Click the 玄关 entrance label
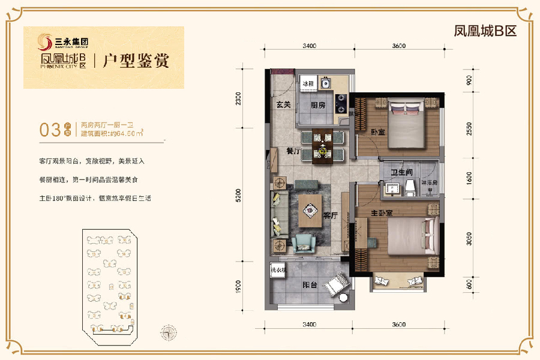[x=283, y=104]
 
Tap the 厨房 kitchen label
[x=318, y=104]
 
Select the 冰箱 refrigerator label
[x=308, y=84]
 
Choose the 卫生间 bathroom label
[x=400, y=172]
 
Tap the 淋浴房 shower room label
[x=428, y=181]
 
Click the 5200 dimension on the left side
[x=238, y=196]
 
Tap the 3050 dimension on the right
[x=469, y=239]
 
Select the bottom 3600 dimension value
[x=399, y=324]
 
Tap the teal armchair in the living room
[x=304, y=242]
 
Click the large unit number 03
[x=49, y=129]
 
